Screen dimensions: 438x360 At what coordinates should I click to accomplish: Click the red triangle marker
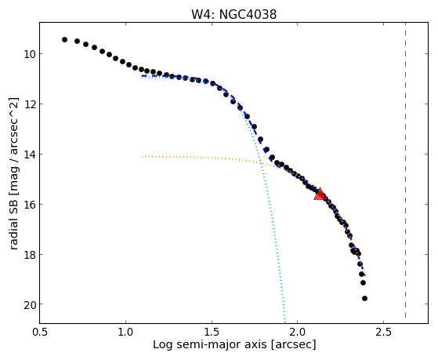click(320, 194)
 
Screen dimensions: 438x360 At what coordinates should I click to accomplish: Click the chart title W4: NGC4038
click(233, 14)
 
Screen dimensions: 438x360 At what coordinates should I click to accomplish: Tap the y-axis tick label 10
click(29, 53)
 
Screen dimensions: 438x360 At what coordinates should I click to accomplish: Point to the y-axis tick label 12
click(29, 104)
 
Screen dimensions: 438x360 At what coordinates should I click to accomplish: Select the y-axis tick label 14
click(29, 155)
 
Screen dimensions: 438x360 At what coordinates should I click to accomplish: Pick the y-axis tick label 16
click(29, 205)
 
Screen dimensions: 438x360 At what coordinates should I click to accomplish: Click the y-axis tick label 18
click(29, 255)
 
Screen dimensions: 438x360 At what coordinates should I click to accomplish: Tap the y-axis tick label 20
click(29, 304)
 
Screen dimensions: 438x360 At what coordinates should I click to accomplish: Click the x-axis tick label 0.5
click(40, 332)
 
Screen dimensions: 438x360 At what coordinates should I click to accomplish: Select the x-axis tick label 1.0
click(126, 332)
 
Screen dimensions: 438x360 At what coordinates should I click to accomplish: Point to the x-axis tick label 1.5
click(212, 332)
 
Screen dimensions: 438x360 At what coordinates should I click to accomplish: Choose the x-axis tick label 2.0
click(298, 332)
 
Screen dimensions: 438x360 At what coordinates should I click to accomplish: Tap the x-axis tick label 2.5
click(383, 332)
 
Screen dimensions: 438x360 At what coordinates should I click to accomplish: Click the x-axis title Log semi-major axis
click(209, 344)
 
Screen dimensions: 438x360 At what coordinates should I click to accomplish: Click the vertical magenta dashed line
click(405, 170)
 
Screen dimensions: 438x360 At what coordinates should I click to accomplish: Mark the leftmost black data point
click(64, 40)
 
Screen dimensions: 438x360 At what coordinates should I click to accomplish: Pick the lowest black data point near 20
click(364, 299)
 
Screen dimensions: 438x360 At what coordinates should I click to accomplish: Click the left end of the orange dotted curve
click(142, 157)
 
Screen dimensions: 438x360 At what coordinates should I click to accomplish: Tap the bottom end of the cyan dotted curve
click(285, 322)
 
